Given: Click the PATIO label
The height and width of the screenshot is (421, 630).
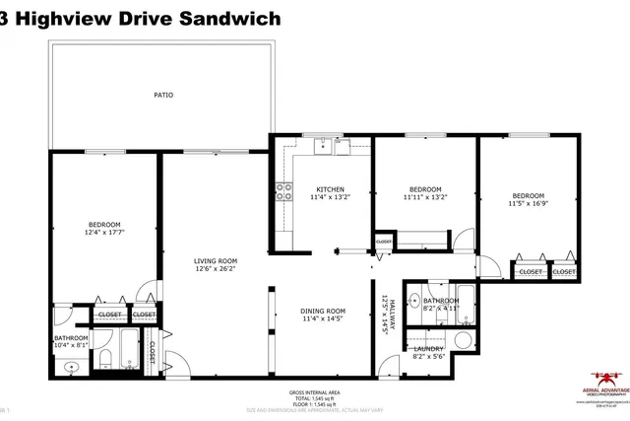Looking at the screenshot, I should tap(162, 95).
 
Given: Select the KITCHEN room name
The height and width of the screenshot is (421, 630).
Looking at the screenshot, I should tap(329, 189).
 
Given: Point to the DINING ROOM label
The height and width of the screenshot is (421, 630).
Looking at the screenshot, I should tap(323, 311).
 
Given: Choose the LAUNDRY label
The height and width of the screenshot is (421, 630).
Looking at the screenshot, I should tap(428, 348).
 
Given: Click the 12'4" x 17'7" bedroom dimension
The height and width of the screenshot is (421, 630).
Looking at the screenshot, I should tap(103, 233).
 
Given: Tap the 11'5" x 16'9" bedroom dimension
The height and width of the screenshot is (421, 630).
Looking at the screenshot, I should tap(527, 204).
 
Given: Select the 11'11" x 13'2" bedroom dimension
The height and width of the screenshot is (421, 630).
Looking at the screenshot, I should tap(425, 196).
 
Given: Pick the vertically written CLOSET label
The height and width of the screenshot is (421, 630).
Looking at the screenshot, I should tap(152, 351).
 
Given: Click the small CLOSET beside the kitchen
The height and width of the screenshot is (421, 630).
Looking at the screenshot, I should tap(383, 241).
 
